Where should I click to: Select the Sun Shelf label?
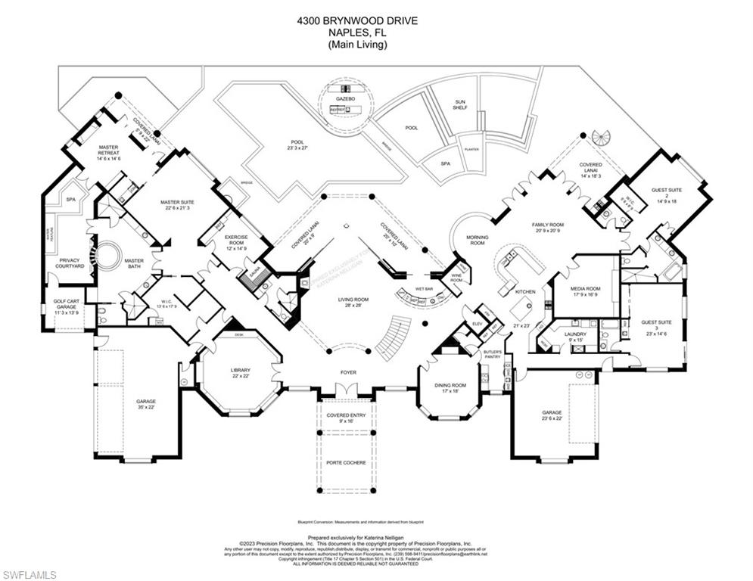pyautogui.click(x=460, y=104)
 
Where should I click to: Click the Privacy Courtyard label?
pyautogui.click(x=69, y=263)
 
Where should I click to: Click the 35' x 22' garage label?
pyautogui.click(x=145, y=405)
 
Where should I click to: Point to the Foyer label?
pyautogui.click(x=347, y=372)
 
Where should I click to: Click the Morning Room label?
pyautogui.click(x=478, y=241)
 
